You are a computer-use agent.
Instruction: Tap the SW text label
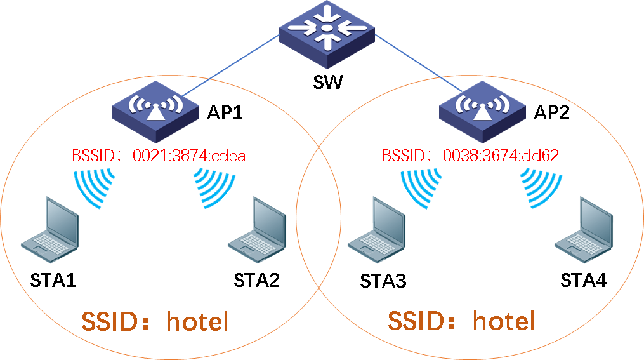click(327, 83)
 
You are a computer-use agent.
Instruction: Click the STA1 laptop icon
click(50, 232)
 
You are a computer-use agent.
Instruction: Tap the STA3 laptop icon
click(378, 232)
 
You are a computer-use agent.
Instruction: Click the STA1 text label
click(53, 280)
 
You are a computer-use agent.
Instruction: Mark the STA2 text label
click(257, 280)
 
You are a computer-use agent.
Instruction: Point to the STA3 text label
click(383, 281)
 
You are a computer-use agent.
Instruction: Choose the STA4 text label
click(583, 280)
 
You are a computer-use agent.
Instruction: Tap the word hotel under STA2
click(197, 323)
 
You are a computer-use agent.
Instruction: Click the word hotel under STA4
click(504, 321)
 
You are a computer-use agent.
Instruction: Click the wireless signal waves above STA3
click(419, 187)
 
